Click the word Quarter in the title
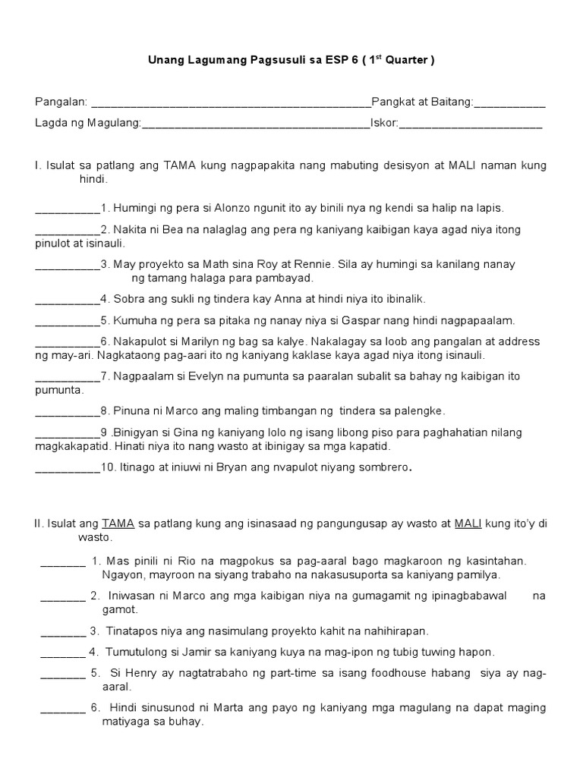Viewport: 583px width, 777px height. point(408,61)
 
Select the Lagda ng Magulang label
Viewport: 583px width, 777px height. point(88,123)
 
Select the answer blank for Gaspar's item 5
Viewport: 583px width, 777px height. point(68,321)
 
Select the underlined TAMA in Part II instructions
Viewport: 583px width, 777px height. point(118,523)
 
